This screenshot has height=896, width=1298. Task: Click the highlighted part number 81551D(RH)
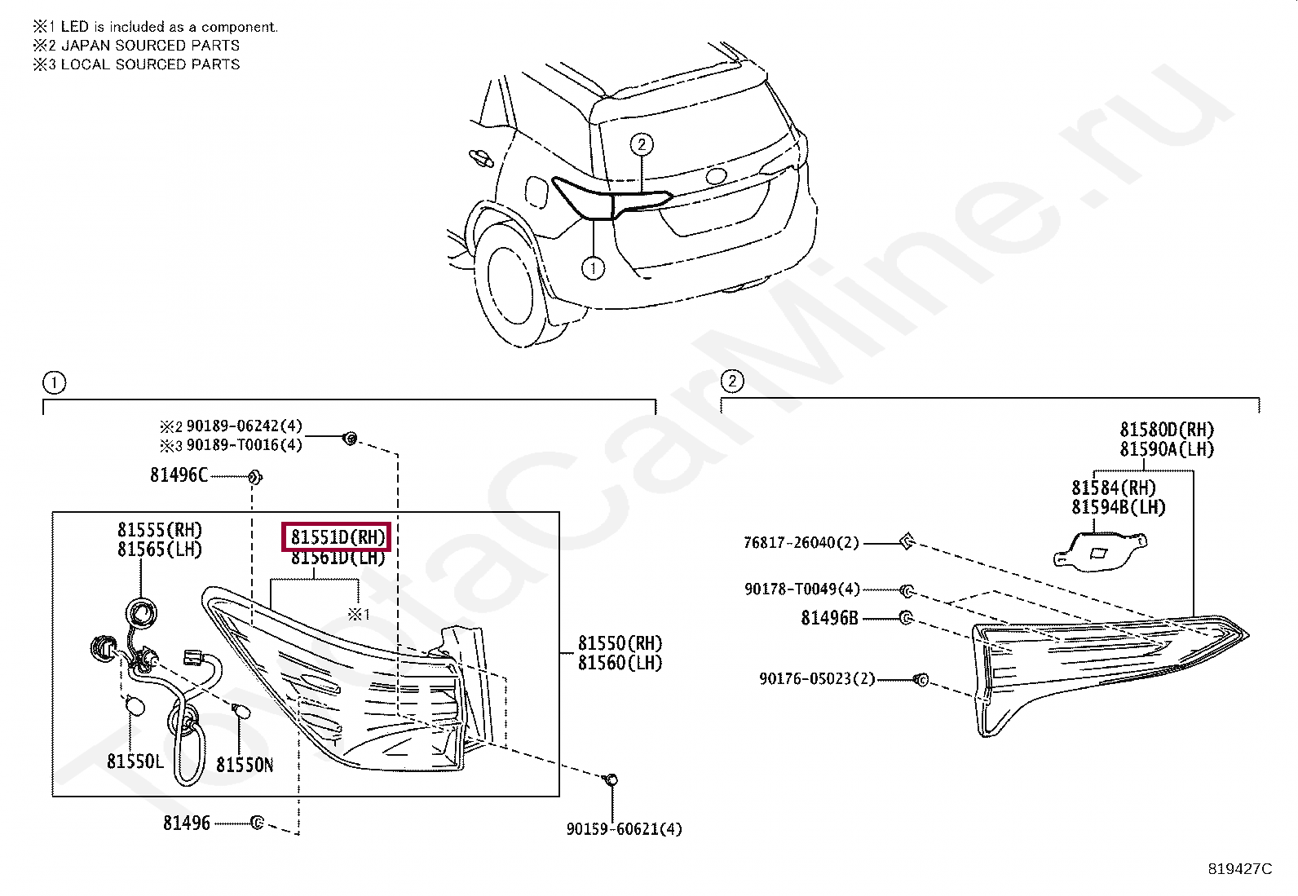click(337, 538)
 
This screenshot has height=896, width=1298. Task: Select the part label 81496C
click(179, 474)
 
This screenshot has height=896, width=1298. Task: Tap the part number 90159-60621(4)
click(625, 829)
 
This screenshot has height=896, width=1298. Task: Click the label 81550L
click(135, 761)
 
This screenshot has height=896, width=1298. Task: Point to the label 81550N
click(245, 765)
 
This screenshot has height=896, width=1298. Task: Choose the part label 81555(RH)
click(160, 530)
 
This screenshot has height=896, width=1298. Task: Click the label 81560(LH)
click(620, 663)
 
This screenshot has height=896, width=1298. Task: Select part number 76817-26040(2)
click(801, 542)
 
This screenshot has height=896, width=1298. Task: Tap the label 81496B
click(829, 619)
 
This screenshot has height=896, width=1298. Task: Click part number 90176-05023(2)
click(817, 678)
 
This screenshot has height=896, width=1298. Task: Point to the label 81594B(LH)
click(1119, 507)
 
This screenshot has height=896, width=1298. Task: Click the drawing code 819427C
click(1239, 869)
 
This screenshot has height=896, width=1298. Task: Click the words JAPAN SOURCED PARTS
click(151, 46)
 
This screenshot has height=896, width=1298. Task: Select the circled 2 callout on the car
click(642, 145)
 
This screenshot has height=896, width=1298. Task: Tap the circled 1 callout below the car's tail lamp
click(594, 267)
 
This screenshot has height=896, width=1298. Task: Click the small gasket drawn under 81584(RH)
click(1101, 550)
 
